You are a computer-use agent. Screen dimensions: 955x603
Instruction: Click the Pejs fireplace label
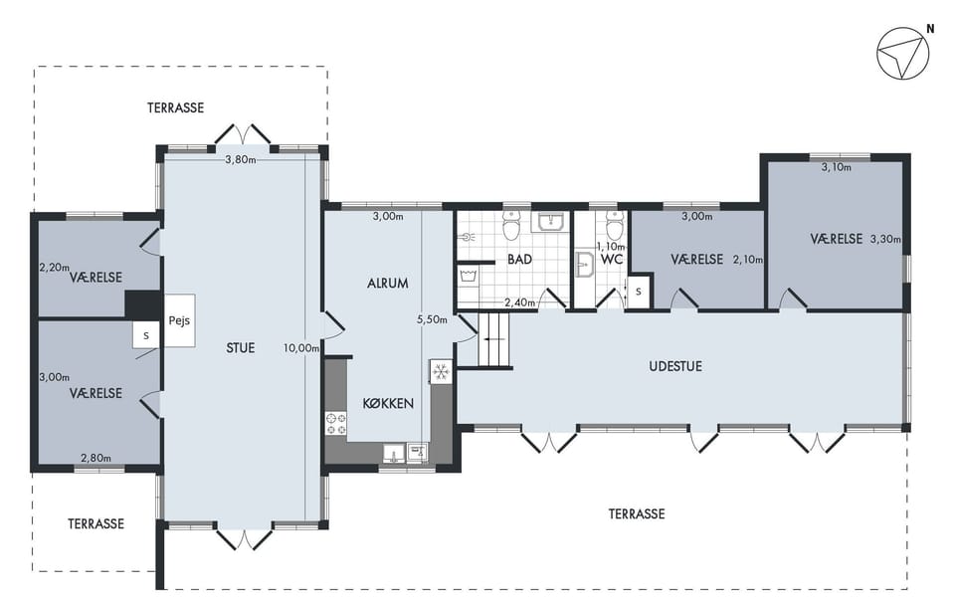[x=179, y=320]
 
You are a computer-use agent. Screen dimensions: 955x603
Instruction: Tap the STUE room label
[x=240, y=348]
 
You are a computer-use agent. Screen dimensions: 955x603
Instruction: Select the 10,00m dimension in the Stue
[x=300, y=348]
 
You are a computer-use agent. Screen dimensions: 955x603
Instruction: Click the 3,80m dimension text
[x=241, y=159]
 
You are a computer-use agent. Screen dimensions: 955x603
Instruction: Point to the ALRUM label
[x=387, y=284]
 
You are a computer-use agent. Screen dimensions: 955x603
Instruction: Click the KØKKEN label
[x=388, y=403]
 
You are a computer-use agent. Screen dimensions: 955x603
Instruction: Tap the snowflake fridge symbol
[x=441, y=371]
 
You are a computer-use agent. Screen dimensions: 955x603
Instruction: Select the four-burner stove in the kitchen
[x=336, y=424]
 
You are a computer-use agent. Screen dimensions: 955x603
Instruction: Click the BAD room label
[x=519, y=260]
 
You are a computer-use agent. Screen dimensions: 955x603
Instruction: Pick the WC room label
[x=611, y=260]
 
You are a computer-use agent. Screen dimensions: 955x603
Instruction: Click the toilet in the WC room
[x=615, y=225]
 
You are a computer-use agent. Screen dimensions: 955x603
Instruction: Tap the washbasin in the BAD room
[x=553, y=222]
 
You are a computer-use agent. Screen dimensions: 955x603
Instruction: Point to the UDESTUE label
[x=675, y=366]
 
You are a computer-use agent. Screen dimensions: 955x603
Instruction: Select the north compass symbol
[x=903, y=53]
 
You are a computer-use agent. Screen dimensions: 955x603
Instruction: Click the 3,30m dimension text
[x=885, y=240]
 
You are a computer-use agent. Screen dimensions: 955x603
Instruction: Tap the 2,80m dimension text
[x=96, y=458]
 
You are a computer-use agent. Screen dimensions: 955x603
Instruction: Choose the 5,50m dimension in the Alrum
[x=432, y=319]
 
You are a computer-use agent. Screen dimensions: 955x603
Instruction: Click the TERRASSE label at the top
[x=175, y=107]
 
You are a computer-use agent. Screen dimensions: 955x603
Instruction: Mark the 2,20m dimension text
[x=54, y=268]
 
